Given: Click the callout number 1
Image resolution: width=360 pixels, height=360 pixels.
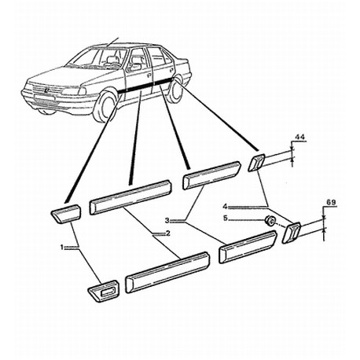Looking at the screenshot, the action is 62,247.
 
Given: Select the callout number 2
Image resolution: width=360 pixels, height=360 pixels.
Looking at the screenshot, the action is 167,233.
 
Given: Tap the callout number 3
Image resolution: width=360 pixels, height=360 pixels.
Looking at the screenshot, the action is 167,221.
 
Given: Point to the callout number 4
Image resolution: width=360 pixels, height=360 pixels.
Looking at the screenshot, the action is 225,207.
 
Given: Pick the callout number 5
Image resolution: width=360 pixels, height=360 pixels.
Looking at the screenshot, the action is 226,218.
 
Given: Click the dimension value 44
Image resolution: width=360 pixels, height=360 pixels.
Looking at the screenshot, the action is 299,137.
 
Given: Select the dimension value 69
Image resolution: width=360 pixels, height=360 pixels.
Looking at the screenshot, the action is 331,203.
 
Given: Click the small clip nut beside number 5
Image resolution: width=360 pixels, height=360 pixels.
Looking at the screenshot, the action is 270,220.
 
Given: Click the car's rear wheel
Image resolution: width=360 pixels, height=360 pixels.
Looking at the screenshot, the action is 175,90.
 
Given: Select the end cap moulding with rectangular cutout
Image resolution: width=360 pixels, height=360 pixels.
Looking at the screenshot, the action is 104,291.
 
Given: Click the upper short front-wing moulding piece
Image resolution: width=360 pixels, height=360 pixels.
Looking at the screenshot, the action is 66,214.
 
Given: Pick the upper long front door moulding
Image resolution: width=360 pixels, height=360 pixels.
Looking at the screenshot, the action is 130,197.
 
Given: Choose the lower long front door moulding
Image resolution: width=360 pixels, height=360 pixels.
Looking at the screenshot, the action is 167,272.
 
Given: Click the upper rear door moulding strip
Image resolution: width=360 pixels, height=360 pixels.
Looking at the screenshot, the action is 211,175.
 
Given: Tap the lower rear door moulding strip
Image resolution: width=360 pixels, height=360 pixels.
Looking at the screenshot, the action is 248,247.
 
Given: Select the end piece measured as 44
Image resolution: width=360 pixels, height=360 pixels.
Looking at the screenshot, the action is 257,163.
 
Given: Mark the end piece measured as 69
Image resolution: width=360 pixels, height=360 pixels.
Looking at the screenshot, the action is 292,233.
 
